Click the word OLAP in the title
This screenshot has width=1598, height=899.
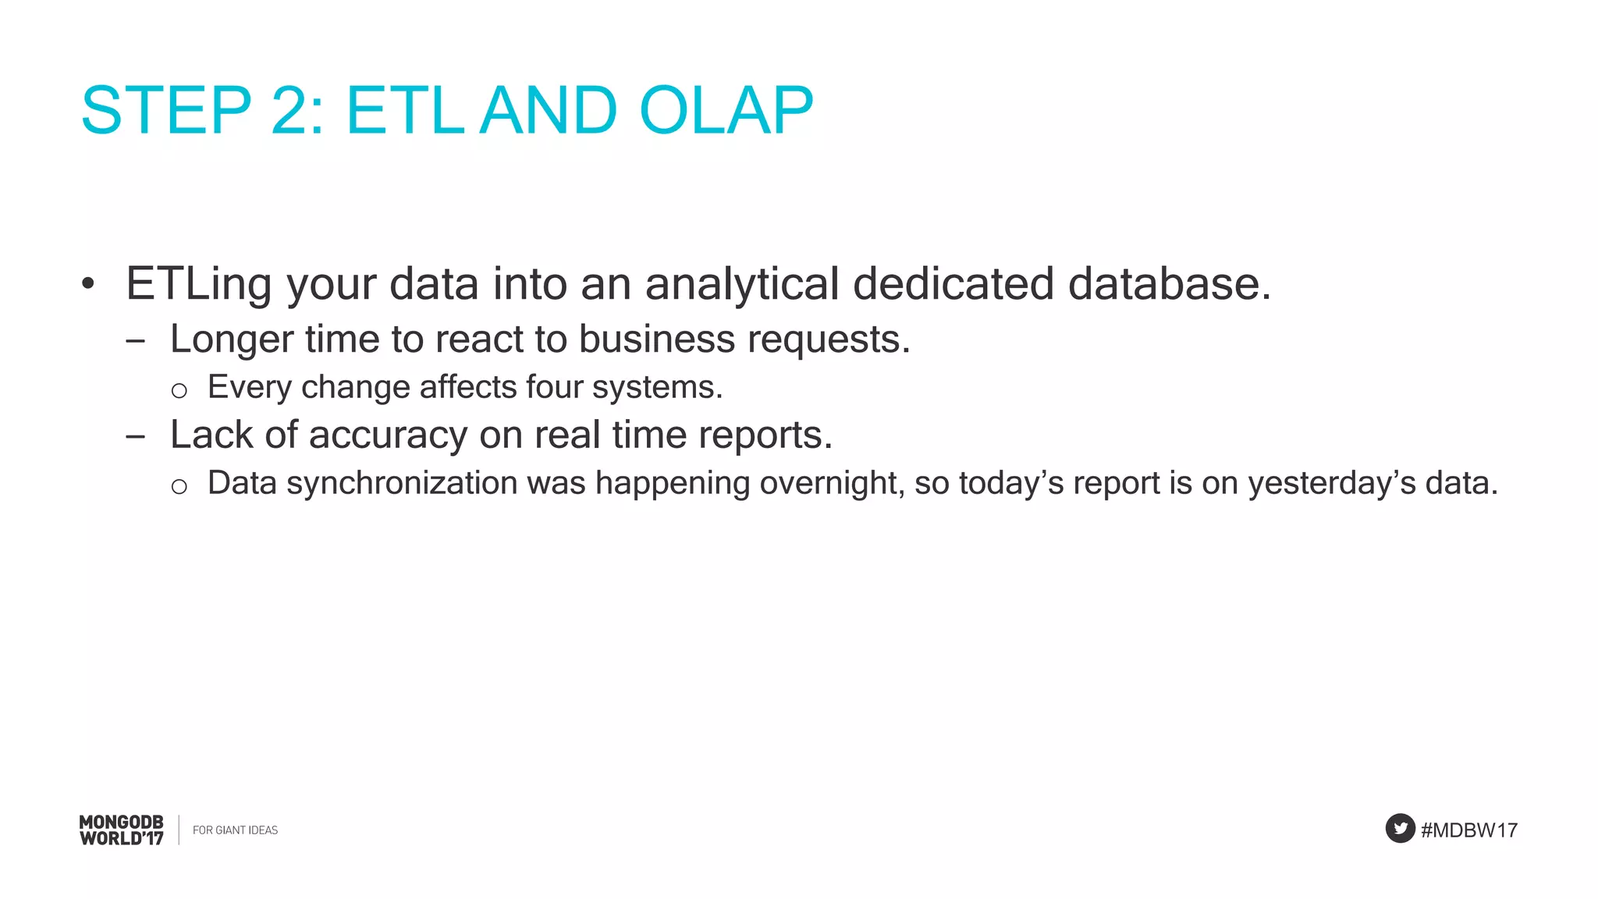tap(726, 111)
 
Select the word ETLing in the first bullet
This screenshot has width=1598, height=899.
tap(198, 284)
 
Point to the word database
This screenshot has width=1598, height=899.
tap(1168, 284)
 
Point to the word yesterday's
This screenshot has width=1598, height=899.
tap(1331, 484)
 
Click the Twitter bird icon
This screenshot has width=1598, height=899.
tap(1400, 828)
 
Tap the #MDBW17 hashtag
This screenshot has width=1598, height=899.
tap(1469, 830)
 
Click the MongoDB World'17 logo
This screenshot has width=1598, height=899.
tap(122, 830)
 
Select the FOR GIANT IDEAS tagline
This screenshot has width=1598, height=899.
tap(235, 830)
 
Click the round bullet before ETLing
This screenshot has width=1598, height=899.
tap(88, 284)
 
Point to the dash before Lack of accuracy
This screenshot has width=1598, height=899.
tap(135, 437)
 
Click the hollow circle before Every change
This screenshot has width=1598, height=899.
tap(179, 390)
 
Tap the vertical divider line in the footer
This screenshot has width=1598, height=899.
tap(179, 830)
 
